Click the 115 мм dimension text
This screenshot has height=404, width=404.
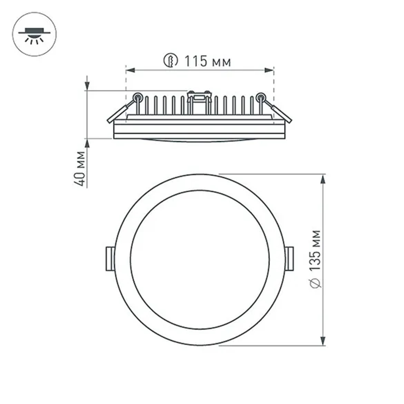(x=208, y=62)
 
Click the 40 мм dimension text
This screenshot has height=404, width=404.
(x=80, y=168)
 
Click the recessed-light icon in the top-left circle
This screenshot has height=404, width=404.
(x=34, y=36)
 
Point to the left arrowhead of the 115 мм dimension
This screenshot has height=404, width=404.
(x=130, y=71)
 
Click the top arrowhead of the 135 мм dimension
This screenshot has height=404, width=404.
(x=323, y=179)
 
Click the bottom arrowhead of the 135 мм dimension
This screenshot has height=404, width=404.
(x=323, y=341)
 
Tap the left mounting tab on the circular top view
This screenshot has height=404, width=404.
(x=109, y=259)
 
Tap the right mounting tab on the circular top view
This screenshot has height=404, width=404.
(x=290, y=259)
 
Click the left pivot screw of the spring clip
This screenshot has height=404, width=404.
(x=138, y=97)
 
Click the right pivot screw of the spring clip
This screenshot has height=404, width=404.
(x=261, y=97)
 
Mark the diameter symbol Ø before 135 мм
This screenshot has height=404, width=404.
(x=316, y=283)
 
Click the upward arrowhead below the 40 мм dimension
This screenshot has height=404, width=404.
(x=87, y=143)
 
